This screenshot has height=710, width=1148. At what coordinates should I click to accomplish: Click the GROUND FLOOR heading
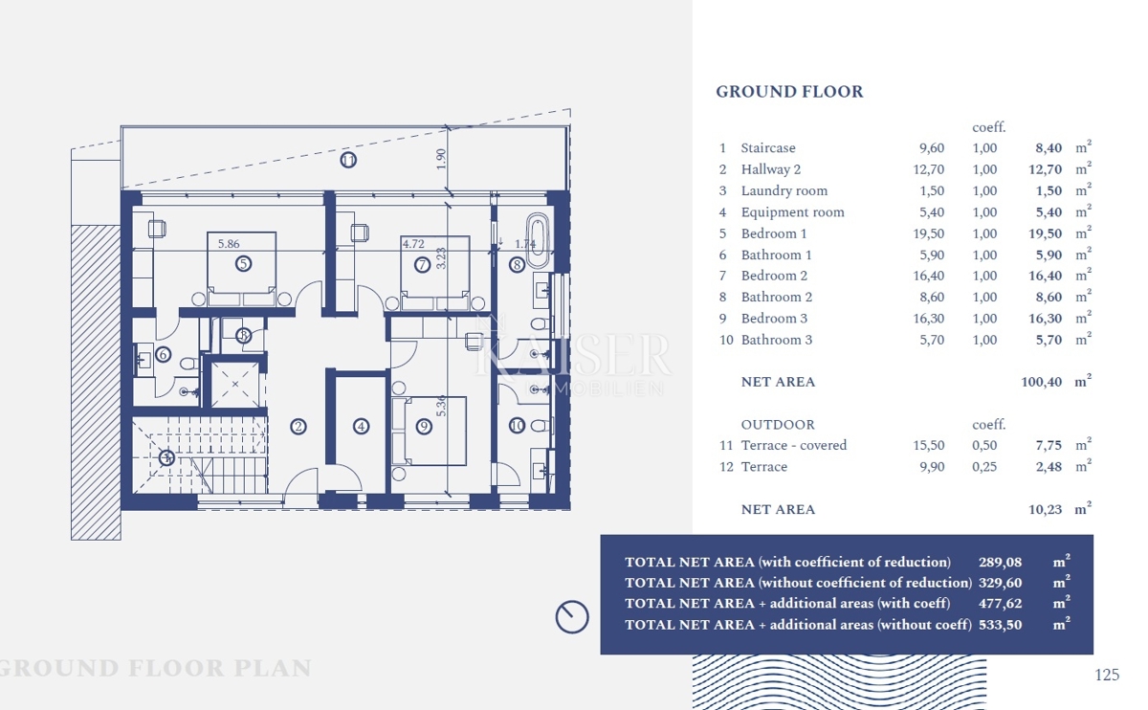[x=789, y=92]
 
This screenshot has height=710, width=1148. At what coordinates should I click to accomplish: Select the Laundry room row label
[x=784, y=190]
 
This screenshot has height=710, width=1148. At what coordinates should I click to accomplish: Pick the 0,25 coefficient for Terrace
[x=984, y=467]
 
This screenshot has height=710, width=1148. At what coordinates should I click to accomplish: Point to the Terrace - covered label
[x=793, y=445]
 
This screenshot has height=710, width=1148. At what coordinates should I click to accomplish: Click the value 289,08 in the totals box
[x=998, y=563]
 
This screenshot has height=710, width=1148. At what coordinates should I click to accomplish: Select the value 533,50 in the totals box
[x=998, y=625]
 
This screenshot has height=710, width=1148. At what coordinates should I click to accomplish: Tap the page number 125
[x=1106, y=675]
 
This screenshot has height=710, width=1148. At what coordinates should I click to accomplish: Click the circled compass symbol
[x=572, y=616]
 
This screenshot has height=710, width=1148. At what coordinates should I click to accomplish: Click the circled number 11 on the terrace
[x=348, y=160]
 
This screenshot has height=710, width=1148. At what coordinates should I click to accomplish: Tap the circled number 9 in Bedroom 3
[x=424, y=427]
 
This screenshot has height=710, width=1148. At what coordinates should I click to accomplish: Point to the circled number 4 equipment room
[x=361, y=427]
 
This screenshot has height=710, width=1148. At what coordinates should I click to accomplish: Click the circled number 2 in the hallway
[x=298, y=427]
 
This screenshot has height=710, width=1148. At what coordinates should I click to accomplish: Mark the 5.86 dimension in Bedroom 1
[x=228, y=244]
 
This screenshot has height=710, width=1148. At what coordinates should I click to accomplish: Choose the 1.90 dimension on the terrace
[x=441, y=159]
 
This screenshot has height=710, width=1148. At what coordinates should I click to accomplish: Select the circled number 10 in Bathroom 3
[x=517, y=426]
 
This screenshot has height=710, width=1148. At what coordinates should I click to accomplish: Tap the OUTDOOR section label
[x=778, y=425]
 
